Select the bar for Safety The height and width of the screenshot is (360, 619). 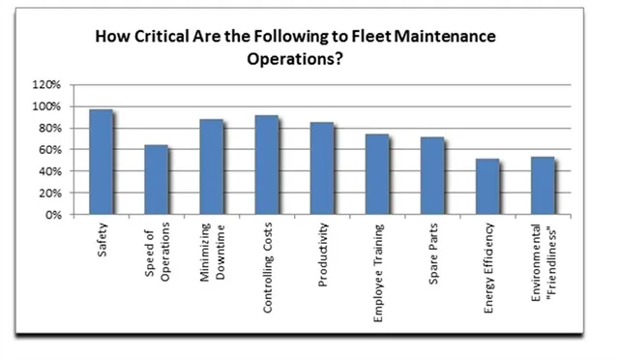101,162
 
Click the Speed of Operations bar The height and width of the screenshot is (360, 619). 157,180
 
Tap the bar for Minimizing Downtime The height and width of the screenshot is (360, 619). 212,166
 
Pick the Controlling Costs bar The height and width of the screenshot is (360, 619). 267,165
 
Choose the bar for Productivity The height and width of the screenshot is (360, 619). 322,168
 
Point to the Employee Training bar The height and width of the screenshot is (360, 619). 377,174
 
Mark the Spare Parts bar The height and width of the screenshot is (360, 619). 432,176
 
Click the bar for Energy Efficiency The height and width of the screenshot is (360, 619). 487,187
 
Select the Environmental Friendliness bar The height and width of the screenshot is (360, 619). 543,186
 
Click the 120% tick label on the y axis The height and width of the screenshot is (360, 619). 46,84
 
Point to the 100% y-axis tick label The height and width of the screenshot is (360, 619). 46,106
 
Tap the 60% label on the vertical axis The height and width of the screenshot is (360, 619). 49,150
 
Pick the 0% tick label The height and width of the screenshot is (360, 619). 53,215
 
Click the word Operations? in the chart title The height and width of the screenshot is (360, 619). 295,59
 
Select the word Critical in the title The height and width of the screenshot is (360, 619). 162,37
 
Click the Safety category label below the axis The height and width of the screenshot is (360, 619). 103,240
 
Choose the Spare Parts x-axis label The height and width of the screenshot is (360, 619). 433,254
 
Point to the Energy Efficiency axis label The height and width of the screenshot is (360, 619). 488,268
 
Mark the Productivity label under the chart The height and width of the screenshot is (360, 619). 323,255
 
